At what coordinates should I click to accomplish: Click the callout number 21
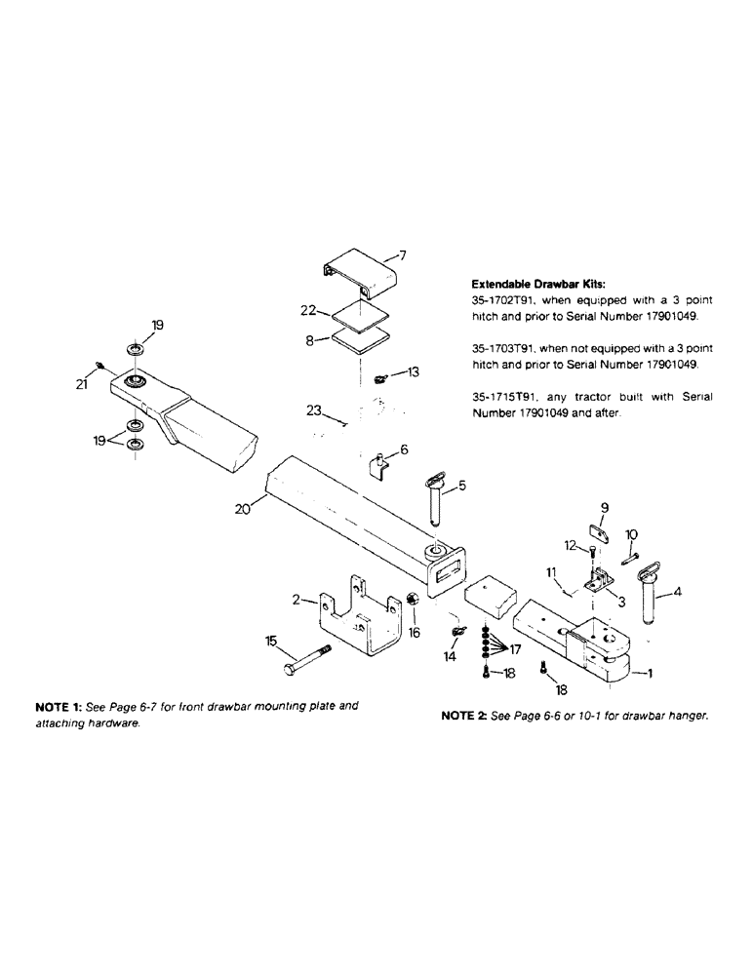82,384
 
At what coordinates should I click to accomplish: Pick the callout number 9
604,507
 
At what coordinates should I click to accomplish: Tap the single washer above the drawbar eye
134,349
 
